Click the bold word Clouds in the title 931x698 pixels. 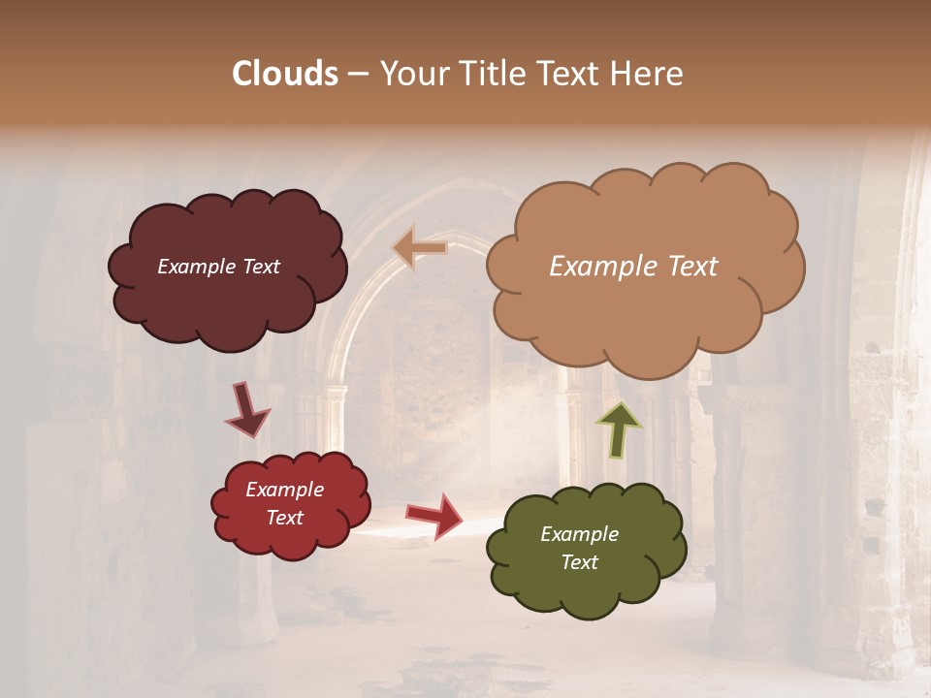285,74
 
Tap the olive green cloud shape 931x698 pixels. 586,587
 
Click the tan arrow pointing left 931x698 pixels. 420,248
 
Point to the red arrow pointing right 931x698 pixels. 435,515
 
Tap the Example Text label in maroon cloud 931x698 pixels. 218,267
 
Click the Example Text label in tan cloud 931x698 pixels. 633,267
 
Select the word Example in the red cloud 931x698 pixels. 284,490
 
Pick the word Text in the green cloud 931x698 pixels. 579,562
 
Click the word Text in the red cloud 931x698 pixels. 284,518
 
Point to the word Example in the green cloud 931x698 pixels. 579,534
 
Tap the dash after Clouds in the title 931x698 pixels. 357,74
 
